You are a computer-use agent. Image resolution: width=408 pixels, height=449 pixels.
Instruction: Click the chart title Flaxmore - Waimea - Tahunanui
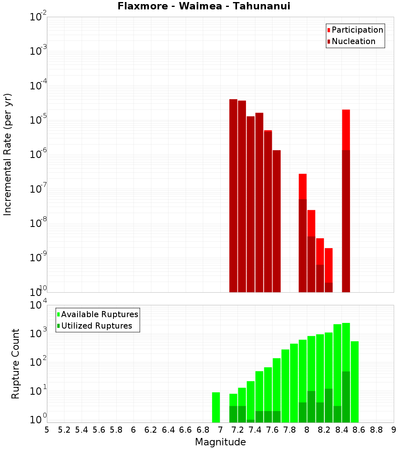tap(204, 7)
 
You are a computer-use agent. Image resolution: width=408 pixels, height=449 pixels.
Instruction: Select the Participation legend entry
tap(357, 30)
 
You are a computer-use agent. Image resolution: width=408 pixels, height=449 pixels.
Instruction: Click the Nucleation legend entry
tap(353, 42)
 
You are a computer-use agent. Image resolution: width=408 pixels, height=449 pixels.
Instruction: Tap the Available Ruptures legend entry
tap(100, 314)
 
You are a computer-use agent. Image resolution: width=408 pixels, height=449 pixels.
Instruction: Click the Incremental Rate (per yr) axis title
tap(8, 154)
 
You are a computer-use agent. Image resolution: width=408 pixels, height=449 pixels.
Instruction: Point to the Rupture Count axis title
tap(16, 363)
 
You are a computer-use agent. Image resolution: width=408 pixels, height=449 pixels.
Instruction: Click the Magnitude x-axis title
tap(220, 442)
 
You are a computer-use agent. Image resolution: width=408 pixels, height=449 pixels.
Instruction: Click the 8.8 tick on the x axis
tap(376, 430)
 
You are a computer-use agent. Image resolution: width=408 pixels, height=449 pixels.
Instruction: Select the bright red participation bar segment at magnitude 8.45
tap(346, 130)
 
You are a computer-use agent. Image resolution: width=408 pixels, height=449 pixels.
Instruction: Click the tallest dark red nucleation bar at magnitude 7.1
tap(233, 196)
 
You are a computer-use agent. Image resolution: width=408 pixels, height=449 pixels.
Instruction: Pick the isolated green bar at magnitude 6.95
tap(216, 407)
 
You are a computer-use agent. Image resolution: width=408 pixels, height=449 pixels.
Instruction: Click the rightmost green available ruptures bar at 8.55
tap(355, 382)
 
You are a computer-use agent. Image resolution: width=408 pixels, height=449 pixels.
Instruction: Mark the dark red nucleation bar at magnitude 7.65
tap(277, 221)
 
